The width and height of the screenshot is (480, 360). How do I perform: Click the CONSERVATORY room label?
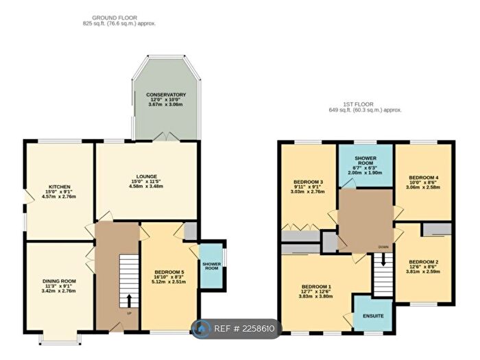point(165,94)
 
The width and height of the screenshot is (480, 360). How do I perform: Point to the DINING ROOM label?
point(58,281)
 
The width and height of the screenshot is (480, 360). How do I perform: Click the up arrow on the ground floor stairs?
point(128,300)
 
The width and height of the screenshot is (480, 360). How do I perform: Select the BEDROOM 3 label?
point(307,182)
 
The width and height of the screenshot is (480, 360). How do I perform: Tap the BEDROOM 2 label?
point(423,261)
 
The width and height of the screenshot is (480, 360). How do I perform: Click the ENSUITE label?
point(374,315)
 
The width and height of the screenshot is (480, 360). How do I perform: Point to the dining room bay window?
point(59,338)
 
